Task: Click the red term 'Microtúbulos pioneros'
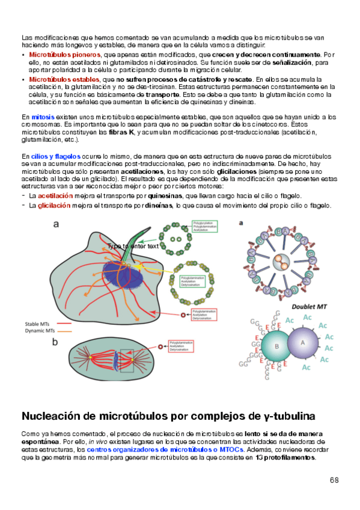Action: point(64,55)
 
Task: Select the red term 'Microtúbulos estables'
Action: point(64,79)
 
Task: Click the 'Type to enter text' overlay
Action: point(132,245)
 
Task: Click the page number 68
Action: point(334,480)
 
